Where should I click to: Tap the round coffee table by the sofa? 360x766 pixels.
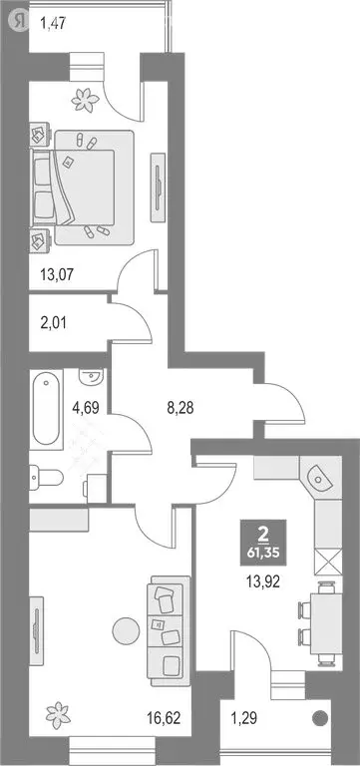pos(125,631)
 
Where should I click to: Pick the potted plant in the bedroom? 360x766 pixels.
pos(82,98)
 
